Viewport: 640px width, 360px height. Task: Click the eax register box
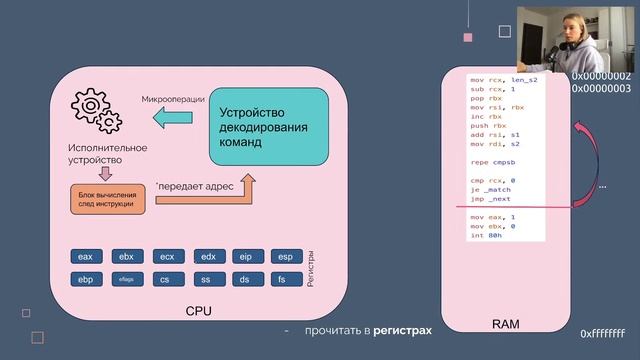pyautogui.click(x=85, y=257)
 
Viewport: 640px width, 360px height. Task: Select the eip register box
pyautogui.click(x=246, y=257)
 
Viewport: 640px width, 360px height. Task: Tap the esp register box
pyautogui.click(x=286, y=257)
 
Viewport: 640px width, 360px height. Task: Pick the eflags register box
pyautogui.click(x=126, y=280)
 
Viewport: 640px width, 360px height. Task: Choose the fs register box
pyautogui.click(x=286, y=280)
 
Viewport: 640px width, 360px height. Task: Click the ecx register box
pyautogui.click(x=166, y=257)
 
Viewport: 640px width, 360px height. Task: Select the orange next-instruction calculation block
pyautogui.click(x=108, y=198)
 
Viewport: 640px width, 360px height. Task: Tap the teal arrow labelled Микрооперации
pyautogui.click(x=173, y=119)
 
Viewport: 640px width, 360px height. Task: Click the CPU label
pyautogui.click(x=199, y=311)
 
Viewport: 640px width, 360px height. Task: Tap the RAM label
pyautogui.click(x=506, y=324)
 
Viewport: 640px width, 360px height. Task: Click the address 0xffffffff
pyautogui.click(x=602, y=334)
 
